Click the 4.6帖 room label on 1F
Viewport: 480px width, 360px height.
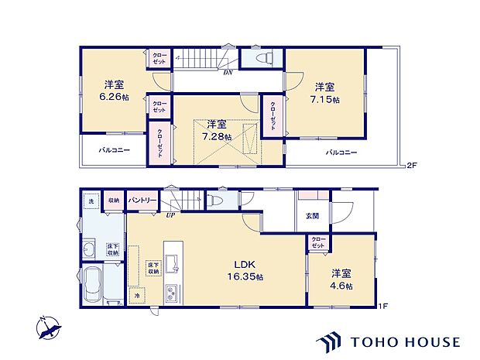pos(341,279)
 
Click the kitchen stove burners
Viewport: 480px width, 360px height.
pos(170,294)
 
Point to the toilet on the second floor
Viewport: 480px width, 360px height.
pos(262,58)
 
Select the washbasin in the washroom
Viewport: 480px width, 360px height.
pos(88,249)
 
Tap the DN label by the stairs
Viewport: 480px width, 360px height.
pos(228,73)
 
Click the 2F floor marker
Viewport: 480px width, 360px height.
pos(412,165)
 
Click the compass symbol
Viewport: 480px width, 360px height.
pos(50,329)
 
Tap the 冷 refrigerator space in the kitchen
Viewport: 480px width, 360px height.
pos(135,294)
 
